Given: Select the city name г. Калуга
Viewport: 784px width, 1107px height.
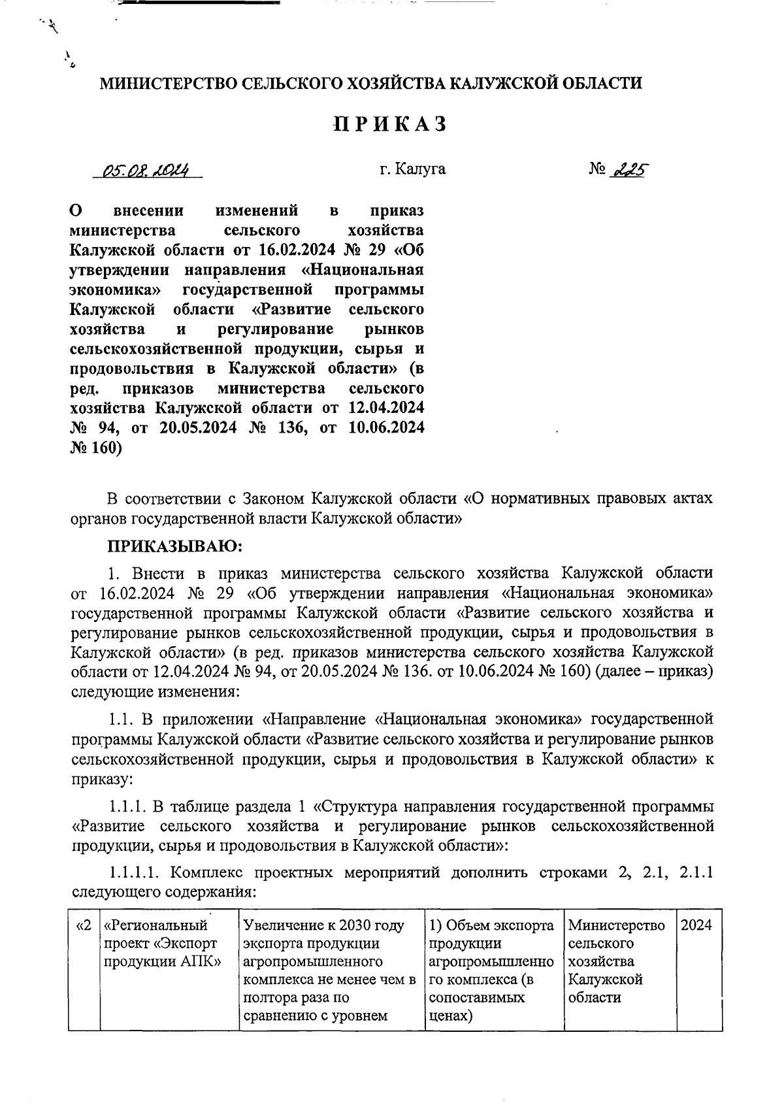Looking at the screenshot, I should [412, 169].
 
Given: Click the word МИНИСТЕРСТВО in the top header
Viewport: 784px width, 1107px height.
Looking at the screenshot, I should [168, 83].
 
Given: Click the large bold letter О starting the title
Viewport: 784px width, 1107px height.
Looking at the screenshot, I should [76, 211].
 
